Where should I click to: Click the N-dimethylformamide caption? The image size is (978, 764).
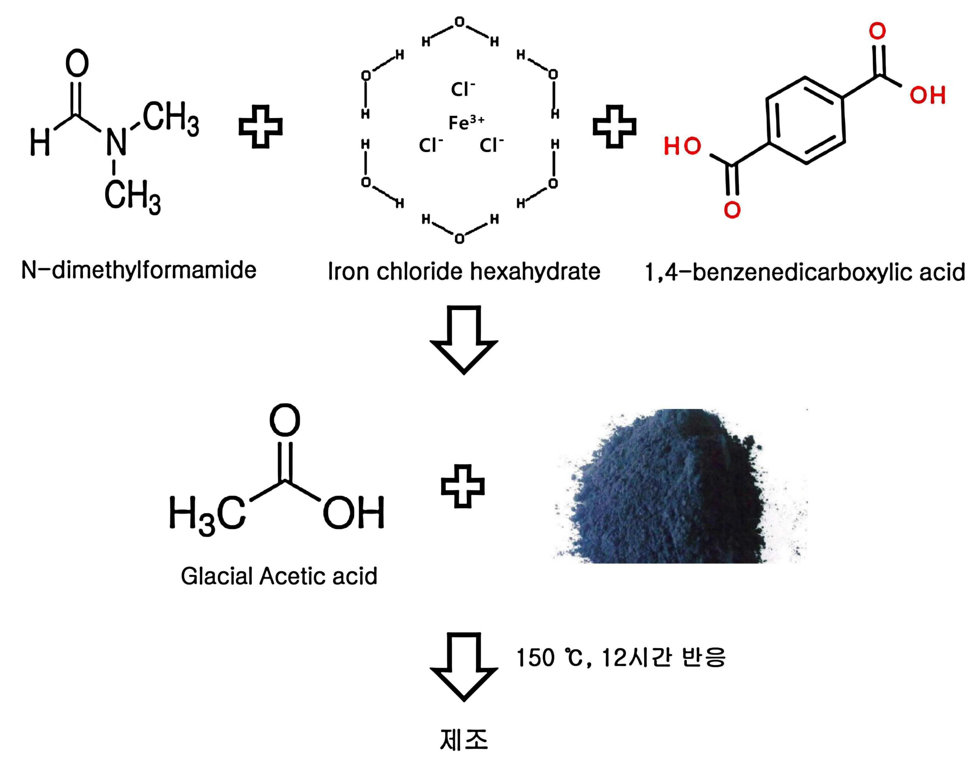139,270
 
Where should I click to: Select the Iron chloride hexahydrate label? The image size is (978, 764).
464,271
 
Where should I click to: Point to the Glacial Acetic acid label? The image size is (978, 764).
279,576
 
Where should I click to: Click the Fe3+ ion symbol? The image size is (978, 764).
466,122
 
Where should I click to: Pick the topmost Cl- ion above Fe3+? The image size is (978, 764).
463,89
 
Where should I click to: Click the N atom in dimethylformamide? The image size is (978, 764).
117,141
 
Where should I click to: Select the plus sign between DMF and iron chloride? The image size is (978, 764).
261,127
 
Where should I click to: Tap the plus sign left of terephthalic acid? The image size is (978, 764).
614,127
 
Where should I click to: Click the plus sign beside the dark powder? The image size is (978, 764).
463,486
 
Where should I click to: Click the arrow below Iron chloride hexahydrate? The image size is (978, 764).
464,340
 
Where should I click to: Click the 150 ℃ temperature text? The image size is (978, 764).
549,658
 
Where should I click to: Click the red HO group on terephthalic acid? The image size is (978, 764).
682,146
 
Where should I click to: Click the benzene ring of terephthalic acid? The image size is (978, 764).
805,120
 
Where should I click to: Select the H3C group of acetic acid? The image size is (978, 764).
207,514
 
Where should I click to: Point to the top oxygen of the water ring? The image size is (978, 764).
460,21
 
